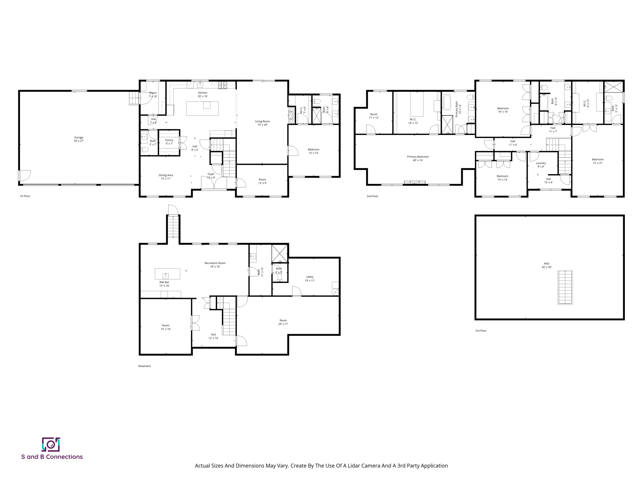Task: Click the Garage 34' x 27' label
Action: pos(78,139)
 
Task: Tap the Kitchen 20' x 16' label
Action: pos(203,94)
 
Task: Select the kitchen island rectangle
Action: pos(202,108)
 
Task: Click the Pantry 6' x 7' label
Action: pos(169,142)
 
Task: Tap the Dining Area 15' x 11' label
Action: pos(165,177)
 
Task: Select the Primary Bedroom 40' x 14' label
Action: pos(418,158)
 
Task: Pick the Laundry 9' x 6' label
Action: pos(541,165)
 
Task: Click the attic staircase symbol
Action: pos(565,287)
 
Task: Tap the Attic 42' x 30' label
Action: pos(547,265)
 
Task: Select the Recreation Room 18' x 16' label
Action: pos(215,265)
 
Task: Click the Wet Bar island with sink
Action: pos(167,274)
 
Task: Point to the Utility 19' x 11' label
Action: pos(310,279)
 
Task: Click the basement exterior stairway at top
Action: pos(173,227)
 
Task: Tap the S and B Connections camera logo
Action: pos(51,444)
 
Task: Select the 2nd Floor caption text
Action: pos(372,196)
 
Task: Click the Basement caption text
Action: pos(144,366)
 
